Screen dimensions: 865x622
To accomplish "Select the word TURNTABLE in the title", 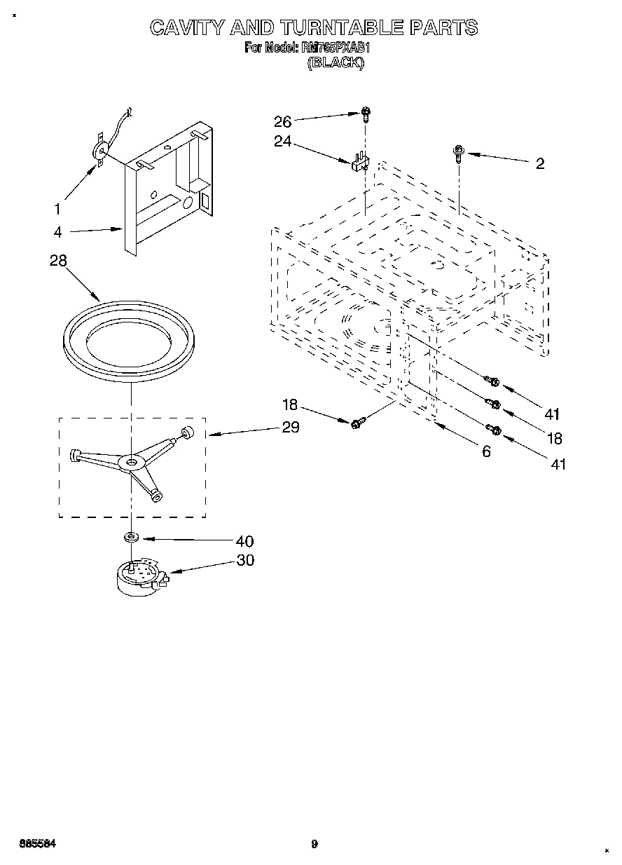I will pos(343,27).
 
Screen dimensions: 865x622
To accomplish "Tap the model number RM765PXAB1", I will pos(333,48).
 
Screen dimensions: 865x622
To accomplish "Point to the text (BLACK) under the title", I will pos(336,62).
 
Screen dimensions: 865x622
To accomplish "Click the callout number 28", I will pos(58,260).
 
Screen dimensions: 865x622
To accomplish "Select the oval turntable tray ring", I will pos(130,341).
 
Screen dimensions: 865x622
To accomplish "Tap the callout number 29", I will pos(290,428).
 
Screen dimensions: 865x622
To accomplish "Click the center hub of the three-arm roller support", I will pos(131,461).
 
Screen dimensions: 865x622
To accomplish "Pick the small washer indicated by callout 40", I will pos(130,537).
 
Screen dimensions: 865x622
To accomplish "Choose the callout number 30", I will pos(245,560).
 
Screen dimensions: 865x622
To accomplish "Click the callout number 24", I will pos(282,142).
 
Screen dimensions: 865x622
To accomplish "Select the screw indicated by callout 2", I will pos(458,151).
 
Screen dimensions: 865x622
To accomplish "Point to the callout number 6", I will pos(486,452).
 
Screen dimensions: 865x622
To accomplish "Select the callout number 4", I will pos(57,233).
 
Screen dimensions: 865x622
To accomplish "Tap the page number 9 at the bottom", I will pos(315,844).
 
